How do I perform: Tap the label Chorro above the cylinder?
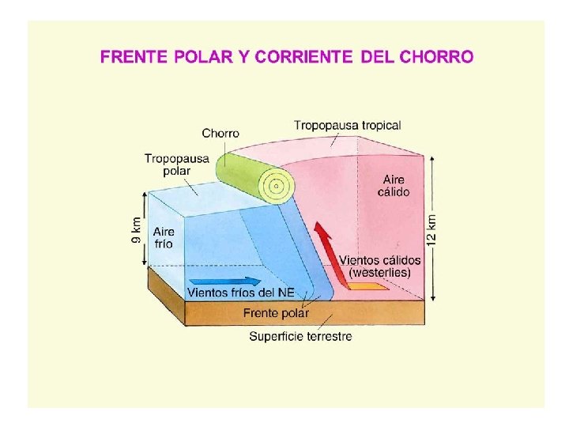tap(220, 133)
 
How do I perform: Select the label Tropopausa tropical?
tap(348, 125)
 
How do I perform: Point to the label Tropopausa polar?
tap(176, 164)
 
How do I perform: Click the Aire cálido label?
tap(394, 186)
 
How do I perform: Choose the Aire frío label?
tap(164, 237)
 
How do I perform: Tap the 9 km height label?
tap(137, 229)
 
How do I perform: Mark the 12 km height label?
tap(431, 229)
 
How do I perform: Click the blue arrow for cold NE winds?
tap(226, 281)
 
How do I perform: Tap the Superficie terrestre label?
tap(300, 336)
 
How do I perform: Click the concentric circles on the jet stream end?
tap(276, 187)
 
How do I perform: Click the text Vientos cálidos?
tap(379, 259)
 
